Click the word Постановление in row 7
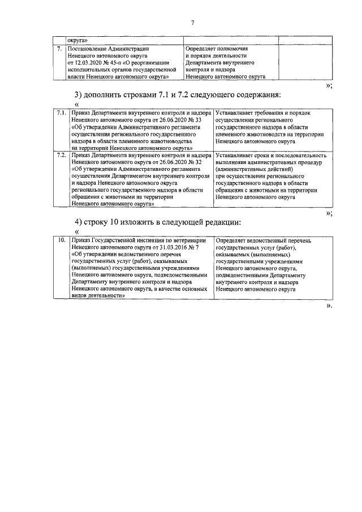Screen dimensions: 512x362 point(88,49)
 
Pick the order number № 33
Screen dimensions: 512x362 point(192,121)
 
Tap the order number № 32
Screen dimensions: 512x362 point(192,161)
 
